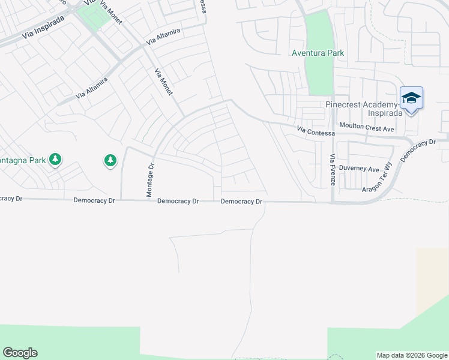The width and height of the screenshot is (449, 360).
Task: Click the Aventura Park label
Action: pos(318,53)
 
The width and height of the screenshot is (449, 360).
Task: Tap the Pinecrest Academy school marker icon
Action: pos(411,98)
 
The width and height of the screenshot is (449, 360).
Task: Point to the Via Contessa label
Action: pos(316,131)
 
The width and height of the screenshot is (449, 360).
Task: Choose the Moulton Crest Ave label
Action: pos(366,128)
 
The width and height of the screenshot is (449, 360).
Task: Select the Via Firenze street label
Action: pos(332,169)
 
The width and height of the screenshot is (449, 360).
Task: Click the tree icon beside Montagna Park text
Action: pos(55,159)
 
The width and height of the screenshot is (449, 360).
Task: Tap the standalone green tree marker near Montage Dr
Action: pos(110,160)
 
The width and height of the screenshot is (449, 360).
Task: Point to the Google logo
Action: pos(20,353)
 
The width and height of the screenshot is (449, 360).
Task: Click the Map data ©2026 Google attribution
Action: pos(412,355)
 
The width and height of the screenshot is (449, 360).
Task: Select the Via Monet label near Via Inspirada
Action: pos(112,13)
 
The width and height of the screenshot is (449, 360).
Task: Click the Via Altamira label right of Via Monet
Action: pos(163,36)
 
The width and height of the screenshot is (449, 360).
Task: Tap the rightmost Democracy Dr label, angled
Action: pos(417,151)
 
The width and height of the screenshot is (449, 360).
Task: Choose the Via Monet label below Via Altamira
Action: pos(163,82)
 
